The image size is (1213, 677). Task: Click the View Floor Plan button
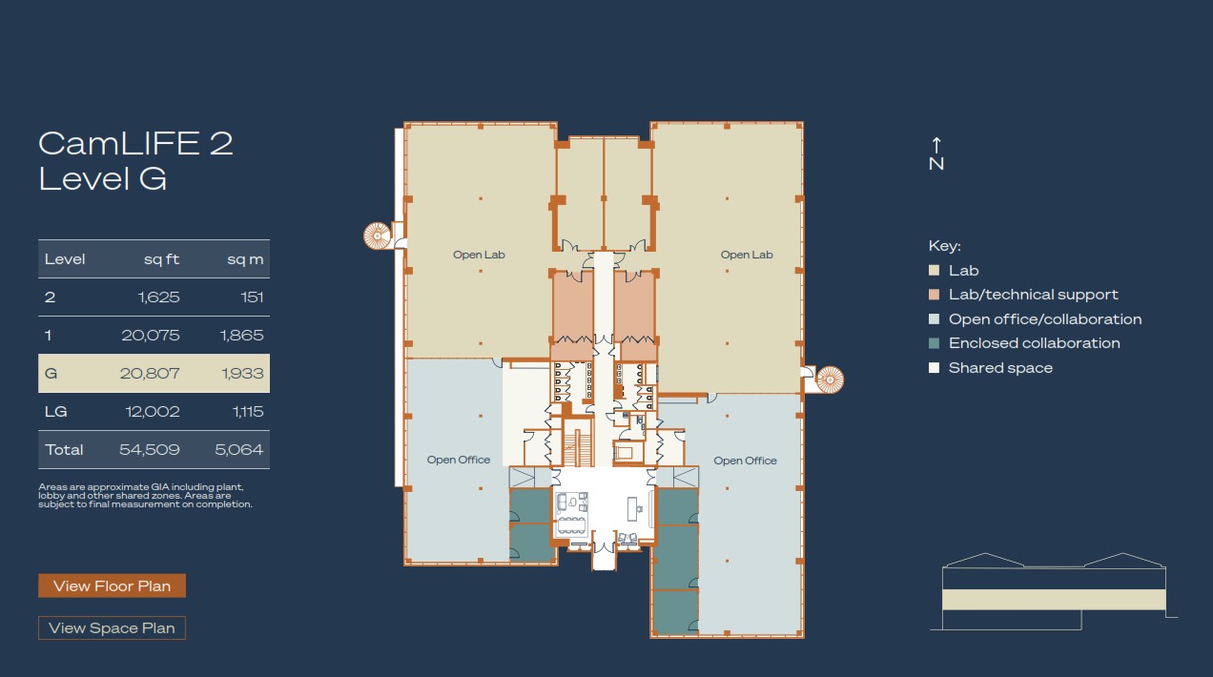click(x=112, y=585)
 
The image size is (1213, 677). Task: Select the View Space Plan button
click(x=112, y=627)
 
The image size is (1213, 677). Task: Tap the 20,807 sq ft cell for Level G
click(x=150, y=373)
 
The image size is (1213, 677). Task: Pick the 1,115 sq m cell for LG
click(x=248, y=412)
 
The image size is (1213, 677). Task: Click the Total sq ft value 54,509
click(x=150, y=449)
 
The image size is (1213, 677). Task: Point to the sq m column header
click(x=245, y=259)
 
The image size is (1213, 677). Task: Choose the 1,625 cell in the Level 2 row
click(x=158, y=297)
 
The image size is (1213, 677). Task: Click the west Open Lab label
click(x=479, y=255)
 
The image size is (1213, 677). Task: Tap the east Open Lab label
click(x=747, y=255)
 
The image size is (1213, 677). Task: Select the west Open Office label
click(x=458, y=460)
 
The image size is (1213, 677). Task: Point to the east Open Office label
click(x=745, y=461)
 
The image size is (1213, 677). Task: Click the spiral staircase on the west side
click(x=377, y=236)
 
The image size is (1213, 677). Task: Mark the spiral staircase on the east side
click(x=830, y=380)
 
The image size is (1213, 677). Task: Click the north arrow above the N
click(x=936, y=145)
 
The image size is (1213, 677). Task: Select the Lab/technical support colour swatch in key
click(x=935, y=295)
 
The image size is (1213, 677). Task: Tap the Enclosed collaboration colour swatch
click(x=935, y=343)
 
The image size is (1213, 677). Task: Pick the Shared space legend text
click(x=1000, y=368)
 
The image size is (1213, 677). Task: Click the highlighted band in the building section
click(x=1054, y=600)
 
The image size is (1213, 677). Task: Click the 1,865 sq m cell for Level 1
click(x=242, y=336)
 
